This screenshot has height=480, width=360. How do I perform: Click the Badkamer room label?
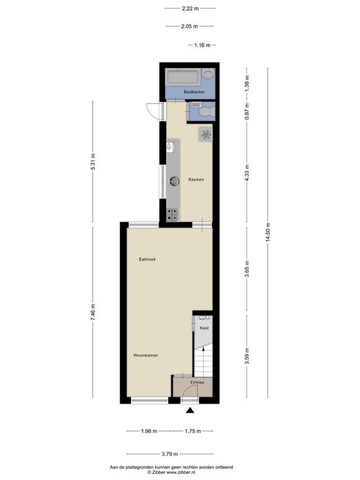pyautogui.click(x=194, y=92)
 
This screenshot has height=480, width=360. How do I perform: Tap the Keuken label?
pyautogui.click(x=196, y=180)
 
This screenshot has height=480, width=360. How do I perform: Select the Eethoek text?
pyautogui.click(x=147, y=259)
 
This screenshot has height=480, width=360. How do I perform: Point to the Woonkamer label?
pyautogui.click(x=146, y=356)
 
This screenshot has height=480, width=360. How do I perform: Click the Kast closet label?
pyautogui.click(x=204, y=328)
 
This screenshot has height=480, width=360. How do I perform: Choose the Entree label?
pyautogui.click(x=197, y=382)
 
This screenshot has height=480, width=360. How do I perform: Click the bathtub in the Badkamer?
pyautogui.click(x=183, y=77)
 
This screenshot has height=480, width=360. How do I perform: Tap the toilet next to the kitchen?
pyautogui.click(x=206, y=111)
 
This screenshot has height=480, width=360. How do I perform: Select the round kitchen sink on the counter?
pyautogui.click(x=174, y=181)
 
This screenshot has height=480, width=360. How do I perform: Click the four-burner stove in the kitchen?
pyautogui.click(x=172, y=214)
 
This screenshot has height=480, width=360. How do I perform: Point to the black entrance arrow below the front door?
pyautogui.click(x=190, y=411)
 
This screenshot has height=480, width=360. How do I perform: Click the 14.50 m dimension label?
pyautogui.click(x=268, y=232)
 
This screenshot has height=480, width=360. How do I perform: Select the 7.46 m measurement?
pyautogui.click(x=93, y=312)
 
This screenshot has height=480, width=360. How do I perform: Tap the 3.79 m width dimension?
pyautogui.click(x=170, y=454)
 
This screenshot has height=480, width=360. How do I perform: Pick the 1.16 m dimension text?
pyautogui.click(x=202, y=46)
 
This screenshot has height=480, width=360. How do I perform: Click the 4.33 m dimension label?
pyautogui.click(x=247, y=173)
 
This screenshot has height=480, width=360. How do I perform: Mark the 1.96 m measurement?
pyautogui.click(x=149, y=431)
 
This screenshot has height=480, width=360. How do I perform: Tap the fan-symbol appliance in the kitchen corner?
pyautogui.click(x=205, y=134)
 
